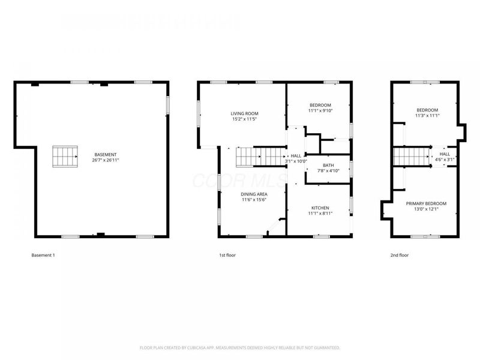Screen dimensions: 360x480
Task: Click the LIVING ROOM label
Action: coord(244,113)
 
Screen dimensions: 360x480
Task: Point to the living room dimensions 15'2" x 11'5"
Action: coord(244,119)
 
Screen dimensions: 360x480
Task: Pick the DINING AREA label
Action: coord(254,194)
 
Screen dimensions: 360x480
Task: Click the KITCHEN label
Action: coord(320,208)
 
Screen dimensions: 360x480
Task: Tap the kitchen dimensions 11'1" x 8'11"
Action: coord(320,214)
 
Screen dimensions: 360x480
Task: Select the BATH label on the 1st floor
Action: coord(328,165)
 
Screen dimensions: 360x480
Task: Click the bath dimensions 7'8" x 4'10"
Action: coord(328,171)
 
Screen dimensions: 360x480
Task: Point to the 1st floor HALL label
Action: coord(296,155)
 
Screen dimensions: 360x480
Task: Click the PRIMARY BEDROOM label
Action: coord(426,203)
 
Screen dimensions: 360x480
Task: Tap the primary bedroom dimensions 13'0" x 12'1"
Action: coord(426,209)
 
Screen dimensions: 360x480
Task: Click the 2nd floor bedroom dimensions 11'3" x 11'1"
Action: coord(427,116)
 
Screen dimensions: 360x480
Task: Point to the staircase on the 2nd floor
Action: coord(412,157)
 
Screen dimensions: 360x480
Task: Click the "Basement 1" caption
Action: coord(43,255)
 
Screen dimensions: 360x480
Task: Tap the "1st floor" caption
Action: coord(227,255)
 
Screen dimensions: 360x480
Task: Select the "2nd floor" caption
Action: coord(400,255)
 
